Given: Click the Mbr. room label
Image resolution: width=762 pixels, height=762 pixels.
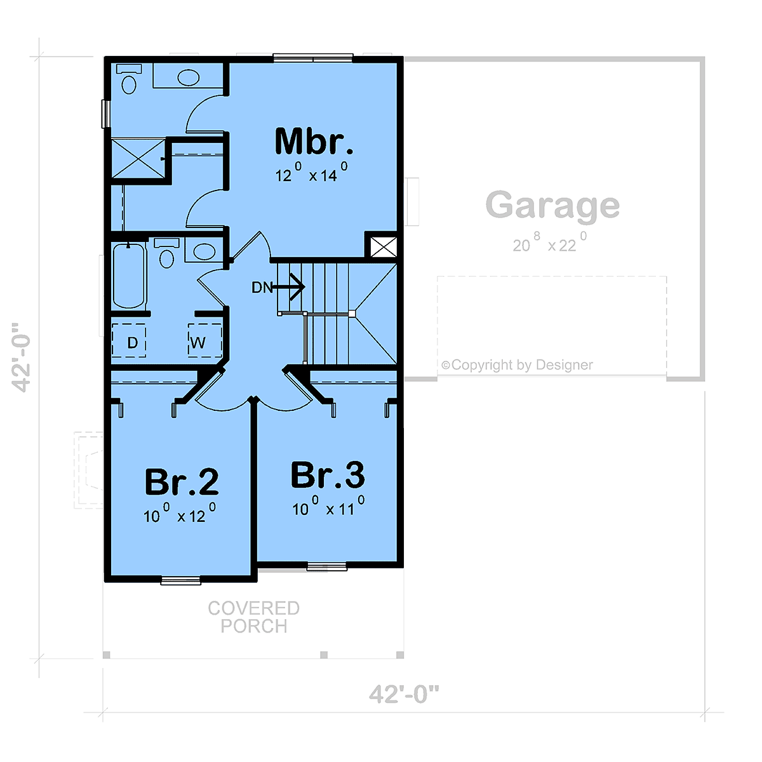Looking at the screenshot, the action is (x=314, y=141).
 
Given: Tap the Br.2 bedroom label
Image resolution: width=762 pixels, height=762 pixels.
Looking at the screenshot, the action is (x=182, y=481).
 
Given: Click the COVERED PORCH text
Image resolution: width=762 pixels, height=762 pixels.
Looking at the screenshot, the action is (x=254, y=617).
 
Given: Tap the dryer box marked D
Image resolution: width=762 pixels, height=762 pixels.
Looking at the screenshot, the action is (x=129, y=340).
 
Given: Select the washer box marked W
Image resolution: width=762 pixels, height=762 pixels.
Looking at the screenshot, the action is (x=204, y=340).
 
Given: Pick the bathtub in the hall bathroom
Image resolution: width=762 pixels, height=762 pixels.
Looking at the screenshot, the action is (x=128, y=276).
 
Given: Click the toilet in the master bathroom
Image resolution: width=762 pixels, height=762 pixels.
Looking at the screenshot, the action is (x=129, y=79).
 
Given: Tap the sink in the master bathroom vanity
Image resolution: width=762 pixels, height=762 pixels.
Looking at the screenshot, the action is (x=188, y=77).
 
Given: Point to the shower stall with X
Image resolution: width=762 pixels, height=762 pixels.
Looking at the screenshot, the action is (x=138, y=158).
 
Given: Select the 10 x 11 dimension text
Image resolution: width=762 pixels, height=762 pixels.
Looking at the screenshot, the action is (x=328, y=506).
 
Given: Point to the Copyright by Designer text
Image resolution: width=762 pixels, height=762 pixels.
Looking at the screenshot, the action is (x=518, y=364).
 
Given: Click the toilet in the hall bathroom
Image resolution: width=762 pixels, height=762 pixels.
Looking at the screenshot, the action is (x=166, y=253).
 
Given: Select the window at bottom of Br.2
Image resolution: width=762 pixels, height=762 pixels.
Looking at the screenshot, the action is (x=181, y=581).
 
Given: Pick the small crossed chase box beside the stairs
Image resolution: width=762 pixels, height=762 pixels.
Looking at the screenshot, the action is (x=383, y=247).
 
